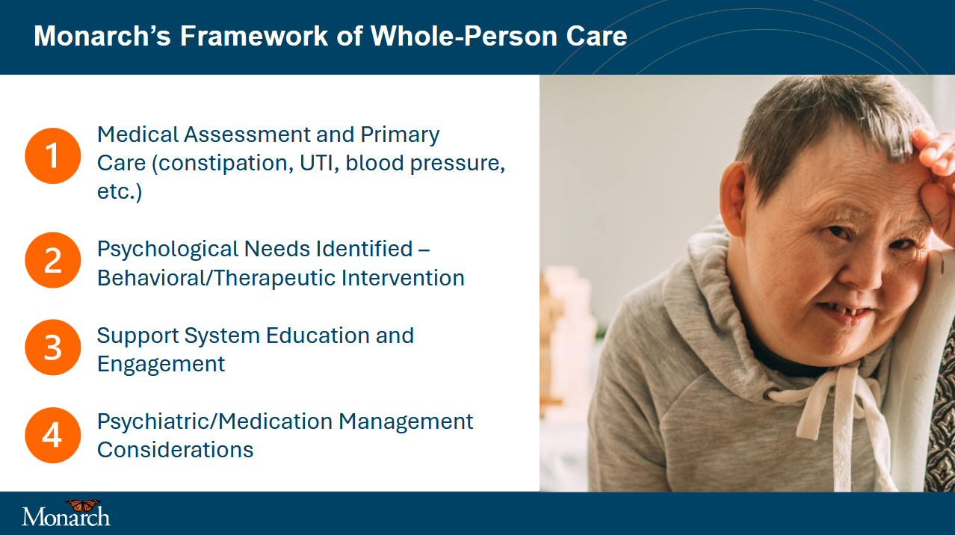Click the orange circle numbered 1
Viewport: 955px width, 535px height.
(53, 155)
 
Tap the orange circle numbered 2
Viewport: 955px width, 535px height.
(53, 260)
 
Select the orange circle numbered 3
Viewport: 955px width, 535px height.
(53, 347)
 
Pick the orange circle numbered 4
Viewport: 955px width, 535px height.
(53, 435)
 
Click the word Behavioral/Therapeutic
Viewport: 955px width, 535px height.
(216, 279)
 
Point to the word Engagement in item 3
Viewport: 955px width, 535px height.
(161, 365)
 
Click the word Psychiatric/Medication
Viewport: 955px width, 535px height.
(215, 422)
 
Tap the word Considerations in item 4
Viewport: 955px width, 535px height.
(175, 450)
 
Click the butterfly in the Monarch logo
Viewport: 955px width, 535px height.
(83, 505)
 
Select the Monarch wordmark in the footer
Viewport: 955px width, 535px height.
(66, 516)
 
